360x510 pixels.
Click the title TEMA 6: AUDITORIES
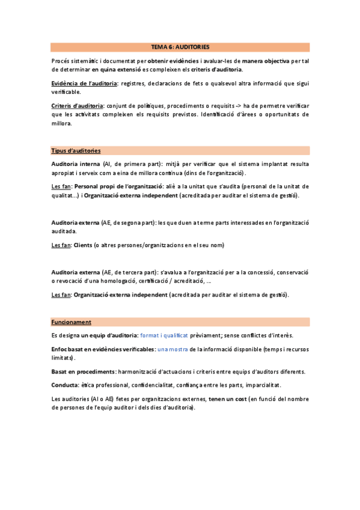pos(180,46)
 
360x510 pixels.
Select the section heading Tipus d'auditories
pos(76,150)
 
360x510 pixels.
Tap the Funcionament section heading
pos(71,322)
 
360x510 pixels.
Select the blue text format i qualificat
pos(163,334)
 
